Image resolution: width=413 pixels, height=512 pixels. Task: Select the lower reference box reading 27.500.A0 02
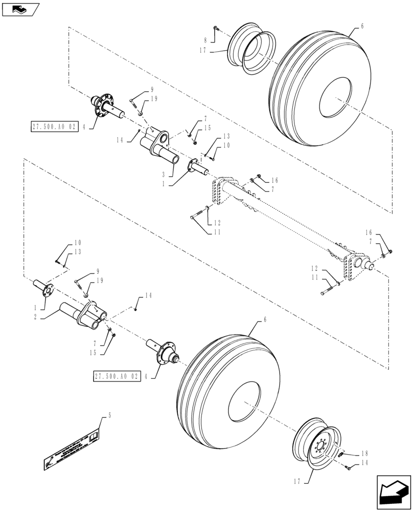pos(116,376)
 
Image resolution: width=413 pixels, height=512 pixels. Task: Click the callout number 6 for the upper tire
pos(362,26)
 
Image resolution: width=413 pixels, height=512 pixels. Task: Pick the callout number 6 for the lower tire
pos(265,319)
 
